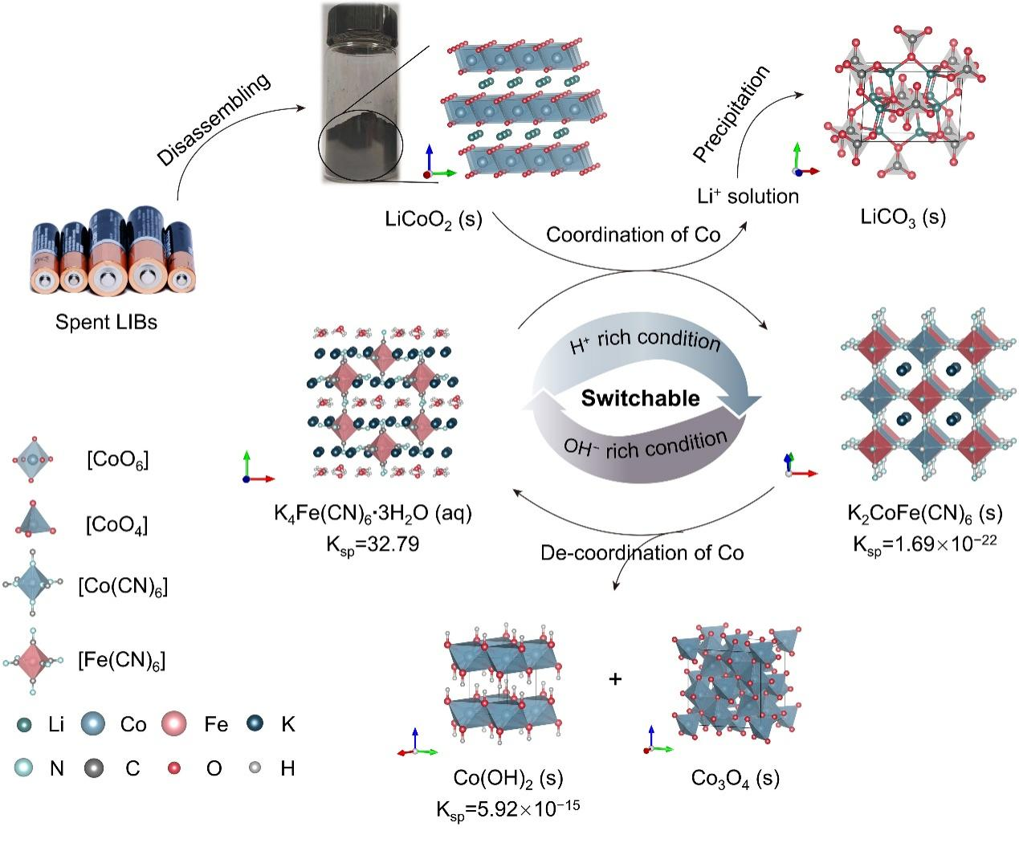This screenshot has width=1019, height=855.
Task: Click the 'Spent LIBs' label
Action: [x=106, y=322]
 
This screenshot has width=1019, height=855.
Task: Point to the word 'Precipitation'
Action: [x=731, y=113]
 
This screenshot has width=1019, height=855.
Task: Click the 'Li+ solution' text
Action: [x=748, y=196]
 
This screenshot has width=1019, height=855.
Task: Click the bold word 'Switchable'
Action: [x=640, y=398]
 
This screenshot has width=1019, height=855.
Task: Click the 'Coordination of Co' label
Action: [x=633, y=234]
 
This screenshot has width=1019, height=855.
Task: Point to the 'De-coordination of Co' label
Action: [x=642, y=552]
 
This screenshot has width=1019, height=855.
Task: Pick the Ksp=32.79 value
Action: [x=372, y=544]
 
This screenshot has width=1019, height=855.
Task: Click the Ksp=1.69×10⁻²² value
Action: [x=924, y=544]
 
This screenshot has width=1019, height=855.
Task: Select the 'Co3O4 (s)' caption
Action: [x=735, y=778]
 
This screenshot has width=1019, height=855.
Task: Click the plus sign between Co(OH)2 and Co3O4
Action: [x=615, y=679]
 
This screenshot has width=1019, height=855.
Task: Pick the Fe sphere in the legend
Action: [x=173, y=724]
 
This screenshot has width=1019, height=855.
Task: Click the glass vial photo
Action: [x=361, y=92]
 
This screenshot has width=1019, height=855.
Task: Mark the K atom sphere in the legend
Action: [x=258, y=723]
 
